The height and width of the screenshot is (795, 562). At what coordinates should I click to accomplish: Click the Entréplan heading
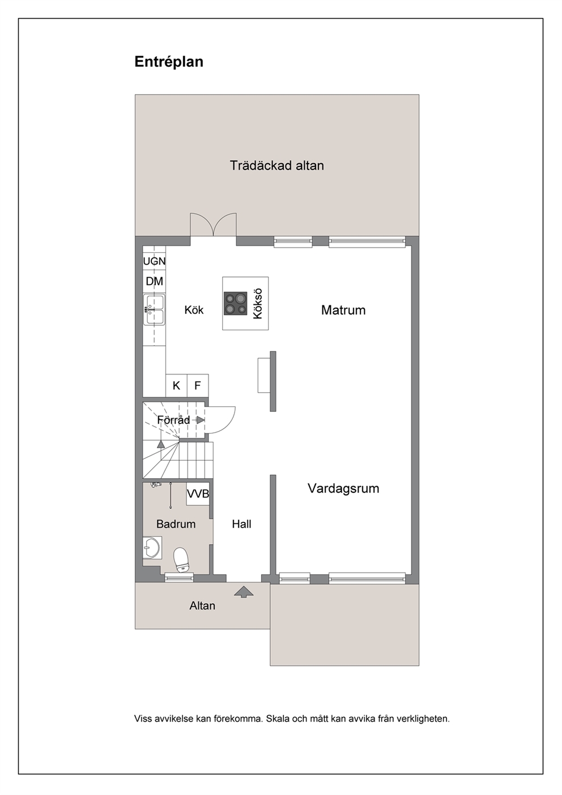(x=169, y=62)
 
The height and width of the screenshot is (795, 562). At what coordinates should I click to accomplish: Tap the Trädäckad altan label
(x=276, y=166)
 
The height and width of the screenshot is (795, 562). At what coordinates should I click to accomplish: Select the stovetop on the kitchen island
(x=236, y=304)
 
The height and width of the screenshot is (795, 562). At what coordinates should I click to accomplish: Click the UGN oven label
(x=154, y=261)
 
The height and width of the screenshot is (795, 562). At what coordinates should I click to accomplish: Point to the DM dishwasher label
(x=154, y=282)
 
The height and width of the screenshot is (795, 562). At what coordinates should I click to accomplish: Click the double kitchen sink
(x=154, y=309)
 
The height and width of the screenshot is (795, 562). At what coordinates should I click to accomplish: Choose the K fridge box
(x=176, y=385)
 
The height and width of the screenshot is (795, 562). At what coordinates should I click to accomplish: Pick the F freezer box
(x=198, y=385)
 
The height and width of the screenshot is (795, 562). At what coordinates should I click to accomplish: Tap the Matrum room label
(x=343, y=310)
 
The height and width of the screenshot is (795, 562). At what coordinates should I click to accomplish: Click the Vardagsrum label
(x=343, y=488)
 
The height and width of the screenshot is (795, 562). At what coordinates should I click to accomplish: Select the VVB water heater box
(x=198, y=494)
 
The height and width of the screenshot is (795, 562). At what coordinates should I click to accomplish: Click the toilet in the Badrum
(x=181, y=560)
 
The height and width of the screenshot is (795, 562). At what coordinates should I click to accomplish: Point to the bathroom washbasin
(x=152, y=547)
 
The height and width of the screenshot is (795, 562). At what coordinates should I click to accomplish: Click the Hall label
(x=241, y=524)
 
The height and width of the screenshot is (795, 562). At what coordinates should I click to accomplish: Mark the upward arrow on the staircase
(x=161, y=444)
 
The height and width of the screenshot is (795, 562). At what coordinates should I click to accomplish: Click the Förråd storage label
(x=173, y=420)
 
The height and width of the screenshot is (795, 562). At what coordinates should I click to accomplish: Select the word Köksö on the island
(x=258, y=304)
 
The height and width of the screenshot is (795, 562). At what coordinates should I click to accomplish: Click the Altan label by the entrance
(x=202, y=606)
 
